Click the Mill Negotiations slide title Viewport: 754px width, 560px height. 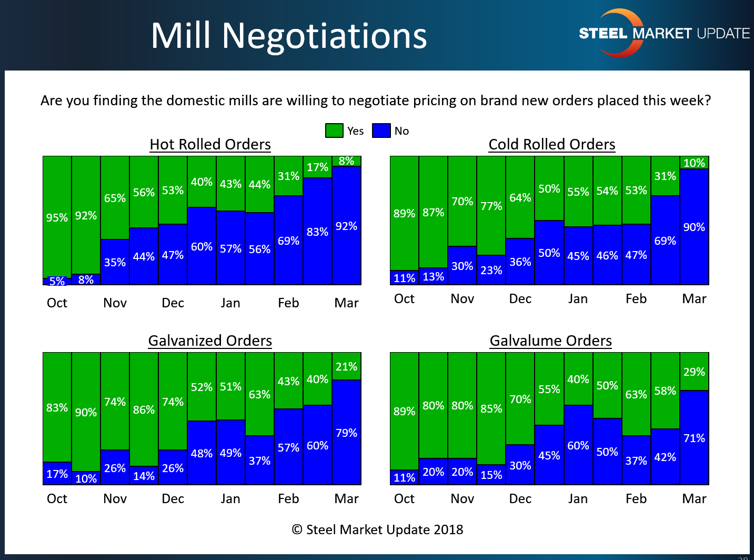(x=288, y=36)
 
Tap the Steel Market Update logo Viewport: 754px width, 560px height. (x=664, y=33)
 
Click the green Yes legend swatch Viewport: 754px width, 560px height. (x=334, y=131)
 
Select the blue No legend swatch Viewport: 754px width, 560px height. (x=381, y=131)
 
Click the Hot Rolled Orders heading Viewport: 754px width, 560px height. (x=210, y=144)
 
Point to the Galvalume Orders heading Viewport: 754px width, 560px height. (x=550, y=341)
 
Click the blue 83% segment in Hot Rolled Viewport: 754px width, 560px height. (x=317, y=232)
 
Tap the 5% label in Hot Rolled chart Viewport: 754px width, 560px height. (x=57, y=281)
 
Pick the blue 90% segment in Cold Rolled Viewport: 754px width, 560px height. (x=694, y=227)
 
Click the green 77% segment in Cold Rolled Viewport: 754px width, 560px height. (x=491, y=206)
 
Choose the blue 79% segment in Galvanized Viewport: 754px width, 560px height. (x=346, y=433)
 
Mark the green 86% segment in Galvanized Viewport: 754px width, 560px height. (x=144, y=409)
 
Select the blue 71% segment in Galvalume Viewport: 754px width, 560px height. (x=694, y=438)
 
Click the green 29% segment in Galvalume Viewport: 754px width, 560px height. (x=694, y=372)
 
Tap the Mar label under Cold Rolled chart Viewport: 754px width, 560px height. (x=694, y=299)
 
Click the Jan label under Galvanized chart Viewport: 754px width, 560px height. (x=230, y=498)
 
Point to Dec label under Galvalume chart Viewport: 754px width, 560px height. (x=520, y=498)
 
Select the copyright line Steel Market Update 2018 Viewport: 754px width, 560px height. (x=378, y=529)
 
